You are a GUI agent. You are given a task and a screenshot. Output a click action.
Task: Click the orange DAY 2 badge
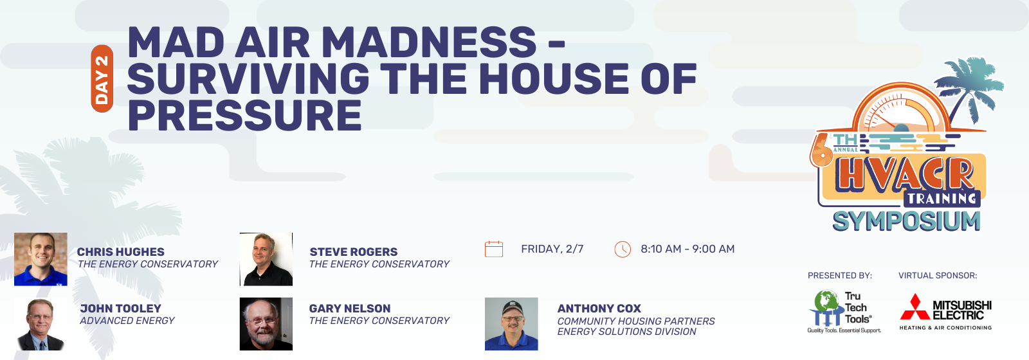point(102,78)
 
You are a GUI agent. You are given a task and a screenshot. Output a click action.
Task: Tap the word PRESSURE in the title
point(245,115)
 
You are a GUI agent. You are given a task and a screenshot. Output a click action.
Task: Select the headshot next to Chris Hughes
point(41,260)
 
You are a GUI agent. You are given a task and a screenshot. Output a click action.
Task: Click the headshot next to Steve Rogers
point(266,260)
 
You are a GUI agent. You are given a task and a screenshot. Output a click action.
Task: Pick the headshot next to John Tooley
point(41,324)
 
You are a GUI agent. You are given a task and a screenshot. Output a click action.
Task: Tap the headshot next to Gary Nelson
point(266,324)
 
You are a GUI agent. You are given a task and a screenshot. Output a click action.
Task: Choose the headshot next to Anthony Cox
point(512,324)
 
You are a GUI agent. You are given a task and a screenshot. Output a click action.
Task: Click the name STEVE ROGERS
point(354,252)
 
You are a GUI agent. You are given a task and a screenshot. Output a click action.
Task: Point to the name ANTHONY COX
point(599,309)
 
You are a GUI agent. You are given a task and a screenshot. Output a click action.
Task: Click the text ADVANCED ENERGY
point(127,321)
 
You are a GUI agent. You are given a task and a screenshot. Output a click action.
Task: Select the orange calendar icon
point(494,249)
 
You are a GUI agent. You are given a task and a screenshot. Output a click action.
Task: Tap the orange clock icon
point(623,249)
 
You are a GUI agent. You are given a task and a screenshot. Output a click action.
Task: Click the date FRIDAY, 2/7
point(552,249)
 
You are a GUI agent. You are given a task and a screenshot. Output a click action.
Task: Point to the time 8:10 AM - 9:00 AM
point(688,249)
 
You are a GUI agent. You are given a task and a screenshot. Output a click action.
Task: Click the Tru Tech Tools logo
point(844,312)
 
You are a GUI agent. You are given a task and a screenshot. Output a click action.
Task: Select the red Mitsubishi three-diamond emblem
point(915,307)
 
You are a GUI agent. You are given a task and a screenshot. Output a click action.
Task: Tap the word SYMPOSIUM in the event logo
point(906,221)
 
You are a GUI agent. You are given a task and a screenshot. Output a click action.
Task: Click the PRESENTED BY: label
point(840,276)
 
